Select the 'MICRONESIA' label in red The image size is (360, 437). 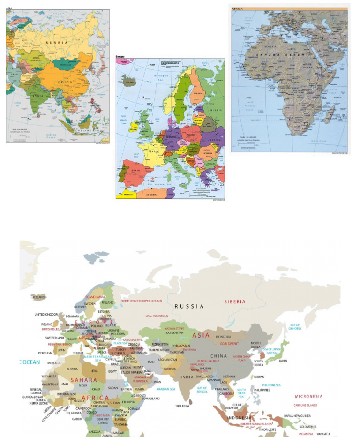click(308, 396)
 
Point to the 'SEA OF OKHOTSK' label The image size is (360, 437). click(295, 326)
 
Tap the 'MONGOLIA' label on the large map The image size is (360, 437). click(223, 337)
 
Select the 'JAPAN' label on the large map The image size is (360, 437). click(283, 361)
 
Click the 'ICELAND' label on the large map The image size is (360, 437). click(38, 297)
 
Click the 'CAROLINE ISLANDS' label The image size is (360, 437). click(306, 405)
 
